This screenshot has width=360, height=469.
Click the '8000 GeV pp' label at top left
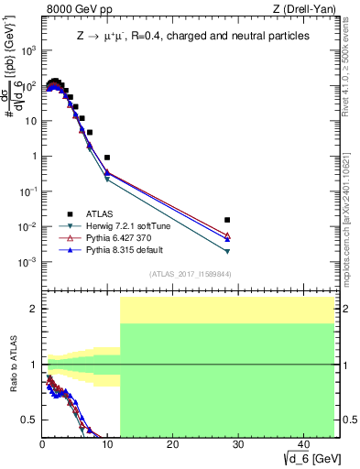tap(75, 10)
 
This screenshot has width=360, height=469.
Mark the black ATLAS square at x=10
tap(107, 158)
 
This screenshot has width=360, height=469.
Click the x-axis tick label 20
tap(172, 444)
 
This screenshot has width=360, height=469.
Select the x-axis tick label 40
tap(302, 444)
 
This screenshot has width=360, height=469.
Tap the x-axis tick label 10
tap(107, 444)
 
